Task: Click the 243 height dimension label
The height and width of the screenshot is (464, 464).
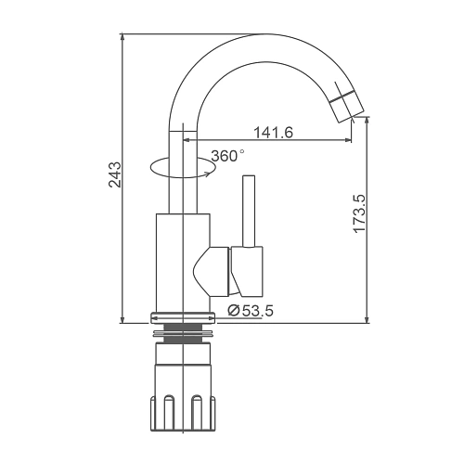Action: click(x=115, y=174)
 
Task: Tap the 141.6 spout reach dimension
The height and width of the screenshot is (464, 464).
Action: click(x=273, y=133)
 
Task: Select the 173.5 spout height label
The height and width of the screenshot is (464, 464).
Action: click(x=360, y=213)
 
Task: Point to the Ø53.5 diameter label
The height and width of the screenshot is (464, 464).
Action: click(x=251, y=310)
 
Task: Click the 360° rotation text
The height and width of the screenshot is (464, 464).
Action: click(x=228, y=156)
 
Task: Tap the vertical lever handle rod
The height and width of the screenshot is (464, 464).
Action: click(x=249, y=212)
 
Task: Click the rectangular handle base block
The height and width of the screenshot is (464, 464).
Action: click(x=247, y=271)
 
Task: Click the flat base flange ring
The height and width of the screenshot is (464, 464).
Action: click(x=183, y=318)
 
